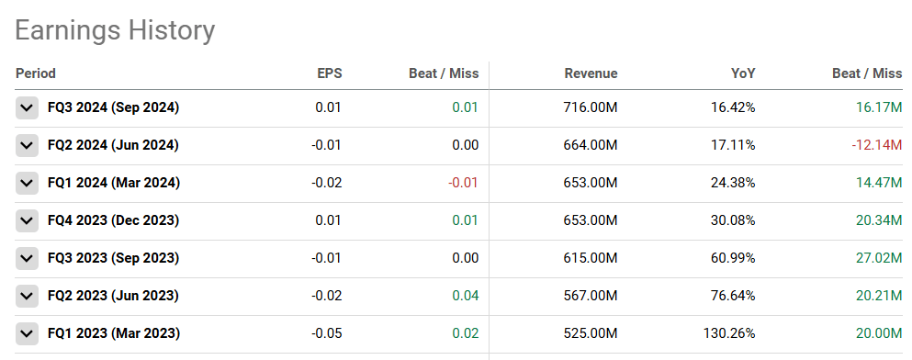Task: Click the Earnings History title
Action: [115, 30]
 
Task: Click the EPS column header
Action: [329, 73]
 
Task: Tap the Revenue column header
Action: [591, 73]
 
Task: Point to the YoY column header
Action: [743, 73]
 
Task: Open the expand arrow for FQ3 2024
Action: [27, 107]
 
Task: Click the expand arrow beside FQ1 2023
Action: [27, 333]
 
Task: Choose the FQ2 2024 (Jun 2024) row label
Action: [113, 145]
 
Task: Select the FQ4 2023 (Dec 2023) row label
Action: [113, 220]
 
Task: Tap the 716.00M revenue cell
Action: [590, 107]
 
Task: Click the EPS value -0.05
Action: [327, 333]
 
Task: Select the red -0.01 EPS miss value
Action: [464, 183]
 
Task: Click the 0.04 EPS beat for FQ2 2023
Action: [466, 296]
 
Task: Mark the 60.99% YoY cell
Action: [733, 258]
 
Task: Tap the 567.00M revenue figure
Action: [590, 296]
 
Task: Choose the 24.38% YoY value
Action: [733, 183]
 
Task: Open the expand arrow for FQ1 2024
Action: [27, 183]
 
